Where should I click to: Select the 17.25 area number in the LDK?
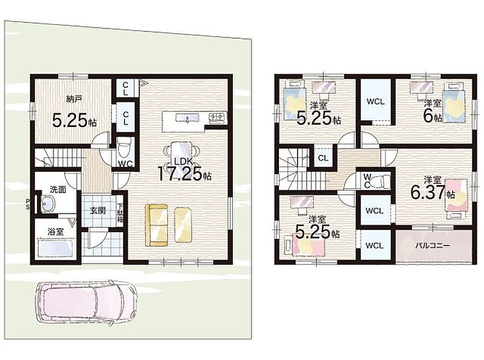(x=180, y=174)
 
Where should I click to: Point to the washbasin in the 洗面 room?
(x=48, y=203)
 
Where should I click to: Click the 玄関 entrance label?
(x=98, y=211)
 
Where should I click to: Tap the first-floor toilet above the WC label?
(x=125, y=148)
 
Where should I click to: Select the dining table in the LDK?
(x=181, y=151)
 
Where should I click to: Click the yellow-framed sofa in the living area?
(x=157, y=225)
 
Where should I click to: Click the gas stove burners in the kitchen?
(x=218, y=117)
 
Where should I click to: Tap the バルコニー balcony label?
(x=433, y=246)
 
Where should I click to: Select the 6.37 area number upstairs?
(x=428, y=192)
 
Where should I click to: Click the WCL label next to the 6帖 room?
(x=376, y=101)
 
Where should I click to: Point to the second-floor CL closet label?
(x=323, y=159)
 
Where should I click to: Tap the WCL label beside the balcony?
(x=374, y=246)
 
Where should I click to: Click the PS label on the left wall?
(x=28, y=204)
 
